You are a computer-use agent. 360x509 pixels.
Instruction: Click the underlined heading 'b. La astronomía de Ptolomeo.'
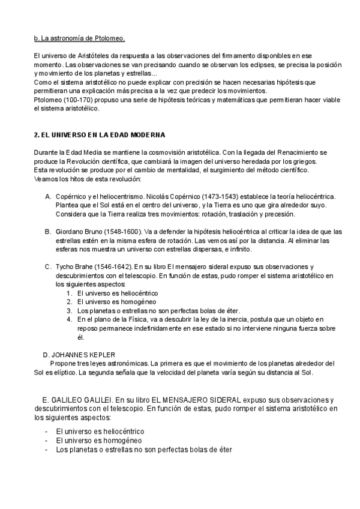coord(79,39)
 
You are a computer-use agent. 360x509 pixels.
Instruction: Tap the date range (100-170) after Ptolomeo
coord(73,99)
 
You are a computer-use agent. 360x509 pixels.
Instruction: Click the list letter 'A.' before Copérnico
coord(48,197)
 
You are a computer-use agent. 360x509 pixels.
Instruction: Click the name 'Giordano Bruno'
coord(79,232)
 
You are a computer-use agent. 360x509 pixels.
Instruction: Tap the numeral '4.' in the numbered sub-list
coord(70,319)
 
